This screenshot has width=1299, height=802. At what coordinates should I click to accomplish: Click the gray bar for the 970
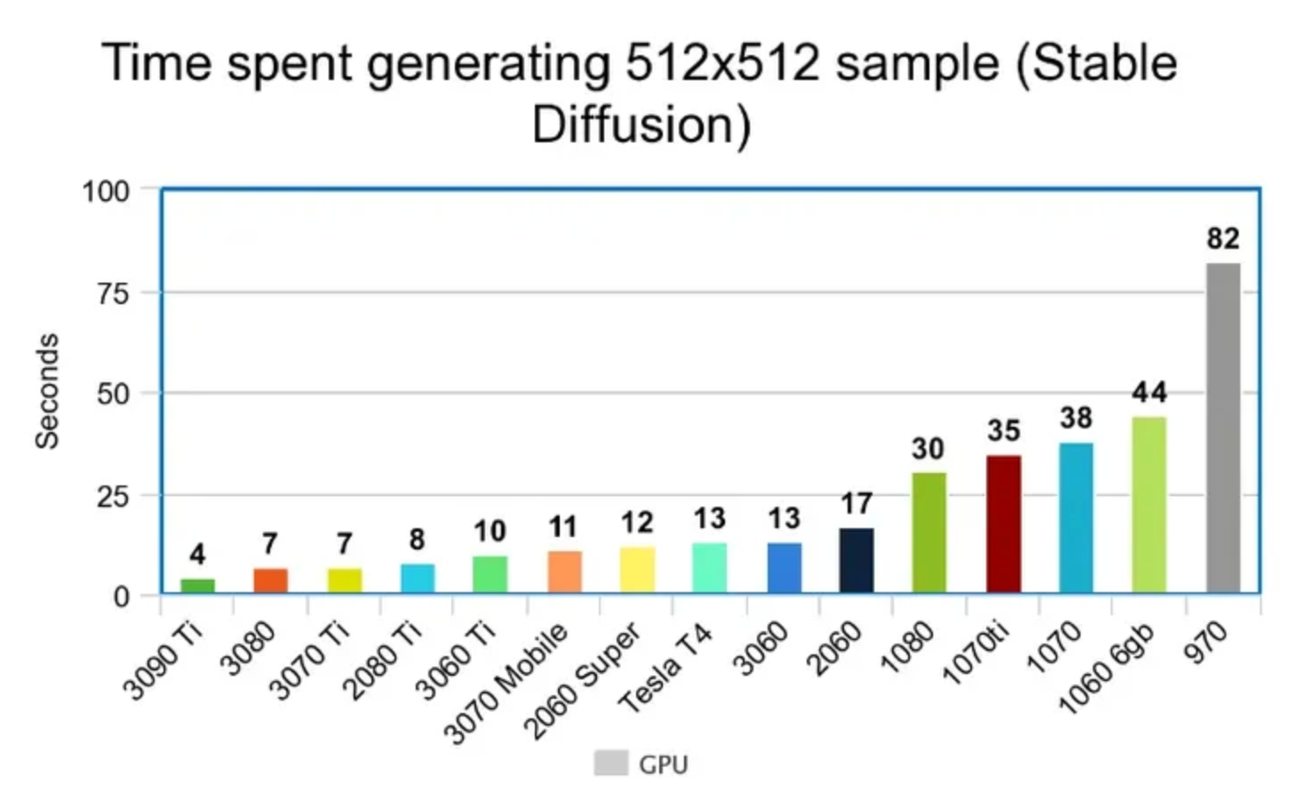coord(1223,428)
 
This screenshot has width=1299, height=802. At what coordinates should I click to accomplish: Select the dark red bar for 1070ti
coord(1003,524)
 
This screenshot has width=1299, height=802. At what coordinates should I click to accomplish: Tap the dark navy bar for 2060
coord(857,560)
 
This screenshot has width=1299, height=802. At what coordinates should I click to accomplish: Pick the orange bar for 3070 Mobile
coord(564,572)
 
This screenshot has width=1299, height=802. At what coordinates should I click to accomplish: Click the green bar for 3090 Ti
coord(197,585)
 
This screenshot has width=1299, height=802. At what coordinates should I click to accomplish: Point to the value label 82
coord(1223,238)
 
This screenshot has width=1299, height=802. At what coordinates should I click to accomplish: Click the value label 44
coord(1149,392)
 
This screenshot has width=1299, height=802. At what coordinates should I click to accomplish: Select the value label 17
coord(857,503)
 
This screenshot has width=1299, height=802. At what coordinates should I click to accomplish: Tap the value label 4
coord(197,555)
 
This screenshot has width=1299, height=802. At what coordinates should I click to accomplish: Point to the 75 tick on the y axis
coord(113,293)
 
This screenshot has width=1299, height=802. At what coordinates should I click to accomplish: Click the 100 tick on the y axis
coord(106,191)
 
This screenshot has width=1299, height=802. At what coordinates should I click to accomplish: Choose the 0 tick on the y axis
coord(121,597)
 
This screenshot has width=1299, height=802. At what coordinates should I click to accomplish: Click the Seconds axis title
coord(46,391)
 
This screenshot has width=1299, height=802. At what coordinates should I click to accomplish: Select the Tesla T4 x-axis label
coord(665,669)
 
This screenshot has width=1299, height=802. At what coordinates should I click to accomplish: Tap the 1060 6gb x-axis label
coord(1107,669)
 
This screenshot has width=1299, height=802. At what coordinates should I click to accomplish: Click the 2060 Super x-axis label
coord(582,681)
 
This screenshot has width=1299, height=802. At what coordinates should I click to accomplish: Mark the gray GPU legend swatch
coord(610,763)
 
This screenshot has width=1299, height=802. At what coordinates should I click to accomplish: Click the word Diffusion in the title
coord(641,124)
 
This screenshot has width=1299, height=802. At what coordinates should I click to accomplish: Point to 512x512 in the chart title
coord(721,64)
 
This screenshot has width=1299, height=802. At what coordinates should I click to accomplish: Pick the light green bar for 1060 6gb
coord(1149,504)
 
